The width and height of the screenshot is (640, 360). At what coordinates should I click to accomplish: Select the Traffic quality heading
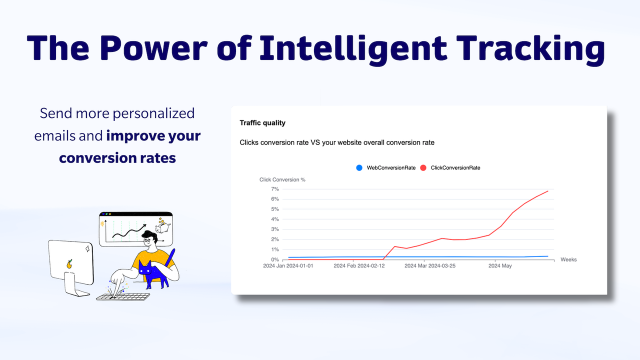[x=262, y=123]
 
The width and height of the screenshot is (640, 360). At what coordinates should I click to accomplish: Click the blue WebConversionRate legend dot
[x=359, y=168]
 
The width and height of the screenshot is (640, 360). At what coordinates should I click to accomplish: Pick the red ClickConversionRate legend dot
[x=423, y=168]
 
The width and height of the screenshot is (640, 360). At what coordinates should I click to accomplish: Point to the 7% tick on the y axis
[x=274, y=189]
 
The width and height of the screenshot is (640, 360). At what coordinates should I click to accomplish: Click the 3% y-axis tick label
[x=274, y=229]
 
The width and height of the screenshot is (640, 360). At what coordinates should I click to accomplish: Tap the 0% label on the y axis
[x=274, y=260]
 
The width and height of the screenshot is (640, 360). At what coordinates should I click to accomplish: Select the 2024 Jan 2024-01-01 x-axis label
[x=288, y=266]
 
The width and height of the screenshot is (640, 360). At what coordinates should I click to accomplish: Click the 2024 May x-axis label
[x=500, y=266]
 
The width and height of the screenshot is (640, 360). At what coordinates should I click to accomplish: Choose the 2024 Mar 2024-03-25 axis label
[x=429, y=266]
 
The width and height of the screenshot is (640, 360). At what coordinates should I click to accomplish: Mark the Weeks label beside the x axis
[x=568, y=260]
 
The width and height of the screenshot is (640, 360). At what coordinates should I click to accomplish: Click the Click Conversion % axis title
[x=282, y=179]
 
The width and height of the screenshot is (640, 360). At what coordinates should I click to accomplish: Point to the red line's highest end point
[x=548, y=191]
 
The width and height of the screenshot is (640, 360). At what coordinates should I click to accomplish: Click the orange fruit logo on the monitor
[x=69, y=263]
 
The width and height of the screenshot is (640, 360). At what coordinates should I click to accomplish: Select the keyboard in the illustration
[x=123, y=296]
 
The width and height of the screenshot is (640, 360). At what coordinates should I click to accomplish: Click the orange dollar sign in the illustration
[x=103, y=224]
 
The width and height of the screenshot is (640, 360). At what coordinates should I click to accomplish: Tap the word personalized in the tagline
[x=153, y=113]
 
